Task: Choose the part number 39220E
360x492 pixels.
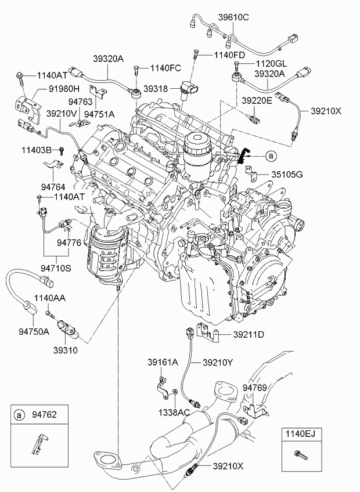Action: click(x=257, y=100)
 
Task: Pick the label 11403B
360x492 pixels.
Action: click(x=37, y=150)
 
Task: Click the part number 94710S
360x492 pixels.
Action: click(x=56, y=268)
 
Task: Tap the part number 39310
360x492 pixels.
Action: click(x=66, y=350)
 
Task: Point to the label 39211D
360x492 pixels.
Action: click(x=249, y=335)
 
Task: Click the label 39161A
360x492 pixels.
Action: click(x=162, y=362)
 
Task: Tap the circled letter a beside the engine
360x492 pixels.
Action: click(x=270, y=155)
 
